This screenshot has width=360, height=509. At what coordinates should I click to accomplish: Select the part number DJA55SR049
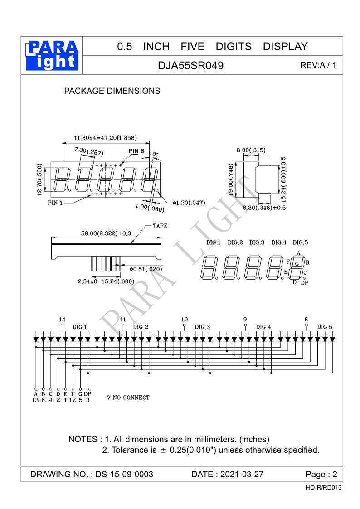click(x=190, y=66)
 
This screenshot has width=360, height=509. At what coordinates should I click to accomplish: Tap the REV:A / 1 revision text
click(x=318, y=65)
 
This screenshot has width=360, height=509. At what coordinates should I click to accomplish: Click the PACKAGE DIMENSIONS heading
click(x=112, y=91)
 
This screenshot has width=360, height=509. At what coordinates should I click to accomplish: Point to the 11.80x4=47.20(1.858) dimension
click(x=105, y=138)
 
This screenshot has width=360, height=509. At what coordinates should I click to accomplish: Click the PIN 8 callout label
click(x=136, y=151)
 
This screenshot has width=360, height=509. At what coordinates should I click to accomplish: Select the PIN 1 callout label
click(x=55, y=203)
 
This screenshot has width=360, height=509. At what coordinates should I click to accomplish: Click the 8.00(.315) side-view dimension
click(x=251, y=150)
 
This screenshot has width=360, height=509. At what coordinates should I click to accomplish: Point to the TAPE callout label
click(x=160, y=226)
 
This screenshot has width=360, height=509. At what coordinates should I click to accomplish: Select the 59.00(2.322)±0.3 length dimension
click(x=106, y=233)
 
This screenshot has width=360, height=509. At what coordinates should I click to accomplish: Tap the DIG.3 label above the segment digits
click(x=257, y=243)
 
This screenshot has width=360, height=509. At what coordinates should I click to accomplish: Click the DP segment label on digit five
click(x=304, y=283)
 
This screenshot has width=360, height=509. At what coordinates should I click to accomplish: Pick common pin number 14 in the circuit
click(x=62, y=319)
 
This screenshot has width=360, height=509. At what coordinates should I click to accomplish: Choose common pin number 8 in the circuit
click(x=306, y=319)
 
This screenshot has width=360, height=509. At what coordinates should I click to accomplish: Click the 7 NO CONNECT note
click(x=128, y=398)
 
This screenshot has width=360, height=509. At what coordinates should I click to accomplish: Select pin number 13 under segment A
click(x=35, y=400)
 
